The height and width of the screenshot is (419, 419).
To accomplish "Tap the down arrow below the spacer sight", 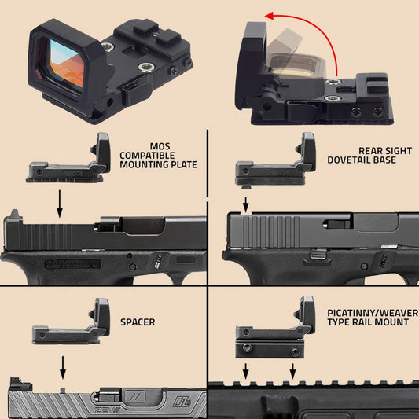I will [x=64, y=366].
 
